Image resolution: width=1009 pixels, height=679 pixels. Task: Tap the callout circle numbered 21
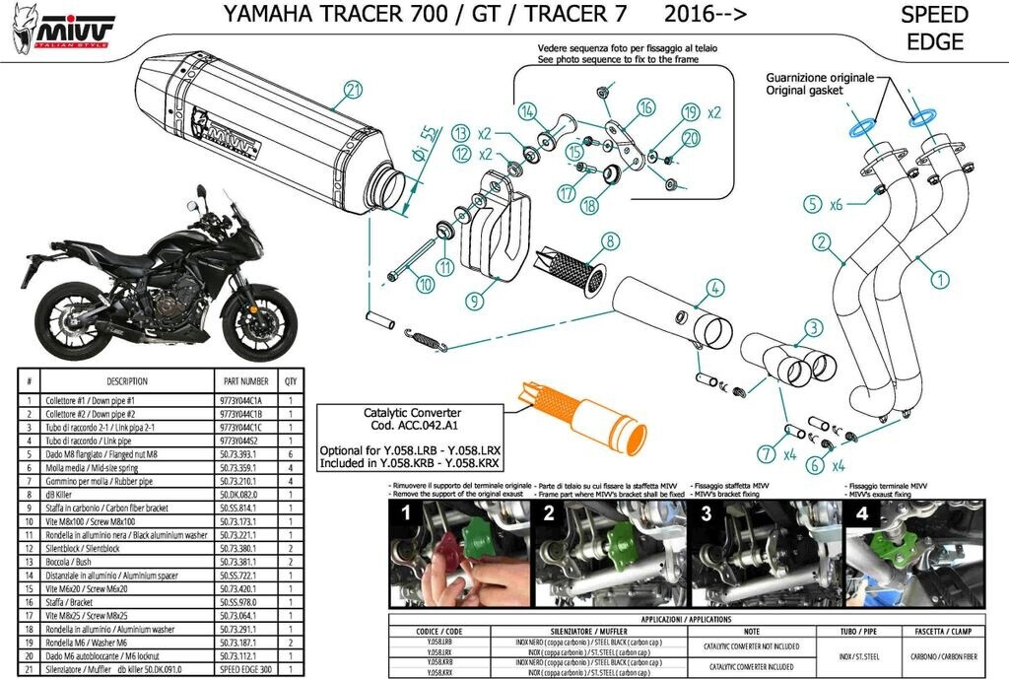click(354, 92)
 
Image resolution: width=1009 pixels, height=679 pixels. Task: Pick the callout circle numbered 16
click(646, 107)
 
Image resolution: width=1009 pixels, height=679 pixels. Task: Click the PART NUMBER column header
click(245, 380)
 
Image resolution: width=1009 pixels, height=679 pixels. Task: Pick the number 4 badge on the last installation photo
click(861, 513)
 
